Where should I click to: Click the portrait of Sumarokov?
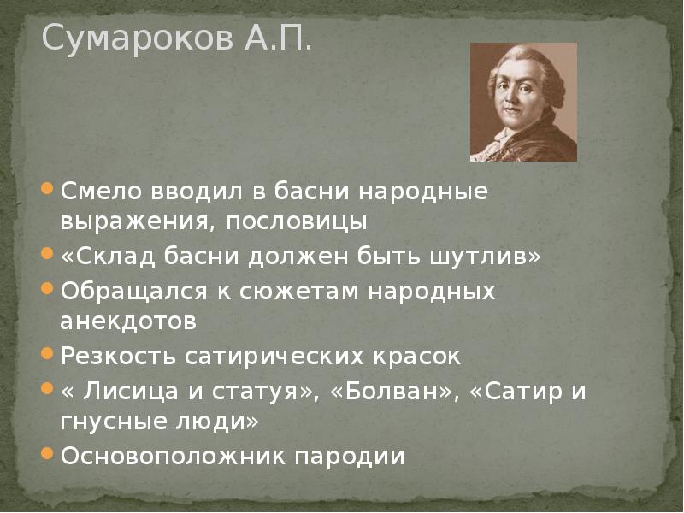coord(523,102)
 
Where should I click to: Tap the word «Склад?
coord(104,256)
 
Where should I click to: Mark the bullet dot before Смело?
coord(49,190)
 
